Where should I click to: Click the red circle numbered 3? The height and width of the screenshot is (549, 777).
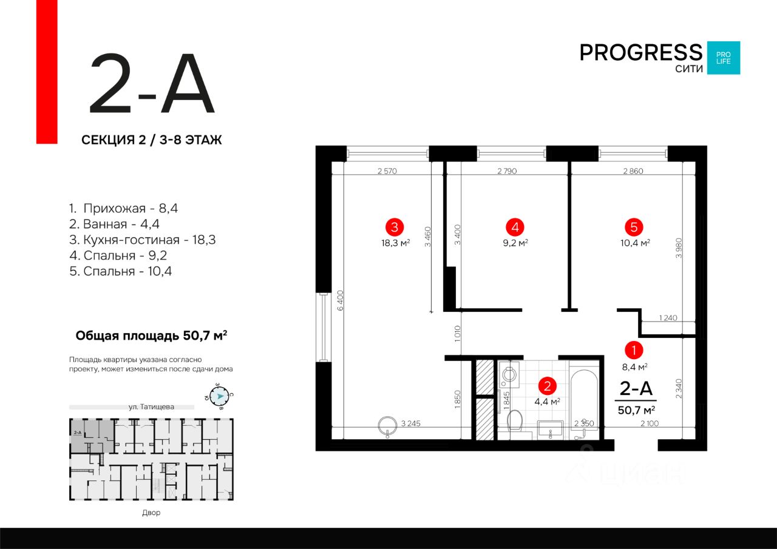pyautogui.click(x=395, y=227)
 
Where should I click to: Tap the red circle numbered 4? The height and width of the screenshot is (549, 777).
pyautogui.click(x=515, y=227)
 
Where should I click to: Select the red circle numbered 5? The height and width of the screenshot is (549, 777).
pyautogui.click(x=634, y=227)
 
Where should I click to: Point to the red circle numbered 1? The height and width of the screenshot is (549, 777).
pyautogui.click(x=634, y=350)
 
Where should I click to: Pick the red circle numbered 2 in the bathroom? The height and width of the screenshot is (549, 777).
pyautogui.click(x=548, y=386)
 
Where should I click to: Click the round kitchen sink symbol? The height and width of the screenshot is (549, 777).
pyautogui.click(x=386, y=425)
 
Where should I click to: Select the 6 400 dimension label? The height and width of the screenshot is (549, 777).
pyautogui.click(x=341, y=300)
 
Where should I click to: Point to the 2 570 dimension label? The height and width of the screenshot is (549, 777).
pyautogui.click(x=387, y=171)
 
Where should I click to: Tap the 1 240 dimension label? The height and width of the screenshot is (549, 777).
pyautogui.click(x=667, y=318)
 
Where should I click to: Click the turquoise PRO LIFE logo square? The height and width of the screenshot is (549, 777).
pyautogui.click(x=723, y=58)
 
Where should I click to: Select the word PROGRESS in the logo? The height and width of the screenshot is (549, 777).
pyautogui.click(x=640, y=53)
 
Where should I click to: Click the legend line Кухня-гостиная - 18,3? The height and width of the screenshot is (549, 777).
pyautogui.click(x=143, y=240)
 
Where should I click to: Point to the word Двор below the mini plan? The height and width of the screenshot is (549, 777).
pyautogui.click(x=151, y=513)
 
